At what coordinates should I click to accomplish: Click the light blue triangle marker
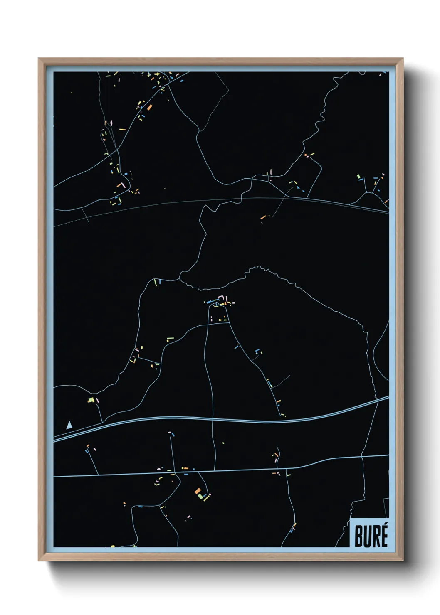(69, 425)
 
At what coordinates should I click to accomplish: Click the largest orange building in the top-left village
(149, 107)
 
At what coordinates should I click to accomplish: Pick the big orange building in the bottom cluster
(198, 491)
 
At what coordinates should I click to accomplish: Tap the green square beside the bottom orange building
(201, 496)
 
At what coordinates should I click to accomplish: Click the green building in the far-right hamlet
(358, 177)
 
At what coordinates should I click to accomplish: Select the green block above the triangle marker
(90, 400)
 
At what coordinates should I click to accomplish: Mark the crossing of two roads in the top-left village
(118, 148)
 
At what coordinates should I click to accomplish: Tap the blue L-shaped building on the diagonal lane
(257, 352)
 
